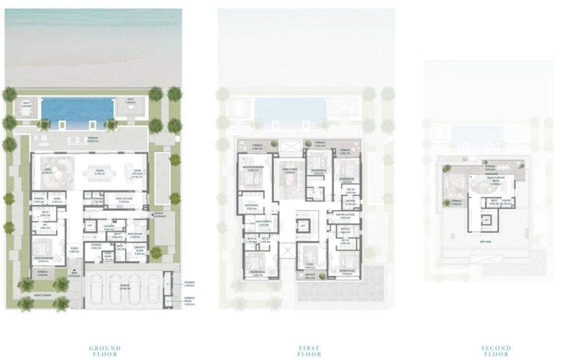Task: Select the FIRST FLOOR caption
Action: click(309, 351)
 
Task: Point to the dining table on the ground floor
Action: click(96, 172)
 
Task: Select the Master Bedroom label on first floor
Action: click(252, 169)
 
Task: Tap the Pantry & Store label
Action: click(346, 215)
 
